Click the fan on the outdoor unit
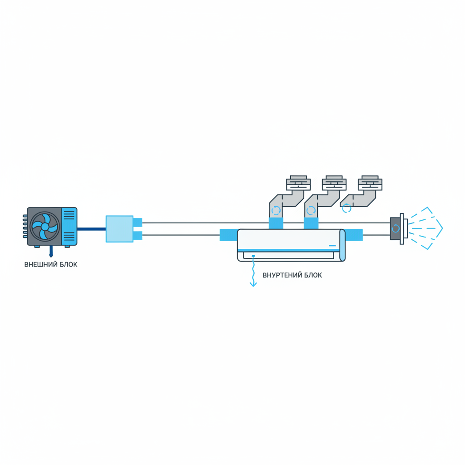(45, 226)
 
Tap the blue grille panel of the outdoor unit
(69, 226)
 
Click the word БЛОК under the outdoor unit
(67, 264)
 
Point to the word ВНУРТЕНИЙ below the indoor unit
(282, 275)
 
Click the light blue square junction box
(119, 229)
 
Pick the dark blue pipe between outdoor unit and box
(91, 229)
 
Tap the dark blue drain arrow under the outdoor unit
(51, 252)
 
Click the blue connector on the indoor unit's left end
(228, 235)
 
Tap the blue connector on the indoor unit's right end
(354, 235)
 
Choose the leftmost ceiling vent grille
(298, 183)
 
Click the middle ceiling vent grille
(334, 183)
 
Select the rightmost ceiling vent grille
(370, 183)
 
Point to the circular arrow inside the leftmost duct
(276, 211)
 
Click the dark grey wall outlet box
(395, 228)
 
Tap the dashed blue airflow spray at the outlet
(425, 228)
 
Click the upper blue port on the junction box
(138, 223)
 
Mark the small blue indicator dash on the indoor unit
(332, 246)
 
